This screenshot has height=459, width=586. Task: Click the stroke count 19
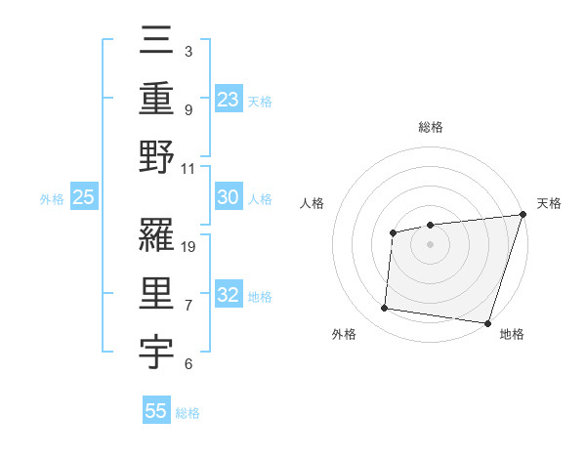(189, 246)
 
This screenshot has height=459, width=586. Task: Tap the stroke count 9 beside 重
(188, 109)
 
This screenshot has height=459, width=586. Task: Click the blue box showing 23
(229, 99)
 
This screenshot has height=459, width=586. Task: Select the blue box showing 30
(229, 197)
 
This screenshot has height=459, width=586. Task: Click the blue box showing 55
(156, 411)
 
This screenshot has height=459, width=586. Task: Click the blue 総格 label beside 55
(188, 413)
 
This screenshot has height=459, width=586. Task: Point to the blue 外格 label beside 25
(52, 199)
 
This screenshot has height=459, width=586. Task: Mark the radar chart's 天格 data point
(523, 215)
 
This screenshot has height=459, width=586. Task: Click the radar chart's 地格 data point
(487, 322)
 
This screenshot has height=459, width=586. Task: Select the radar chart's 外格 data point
(385, 309)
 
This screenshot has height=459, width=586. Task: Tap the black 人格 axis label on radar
(313, 203)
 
